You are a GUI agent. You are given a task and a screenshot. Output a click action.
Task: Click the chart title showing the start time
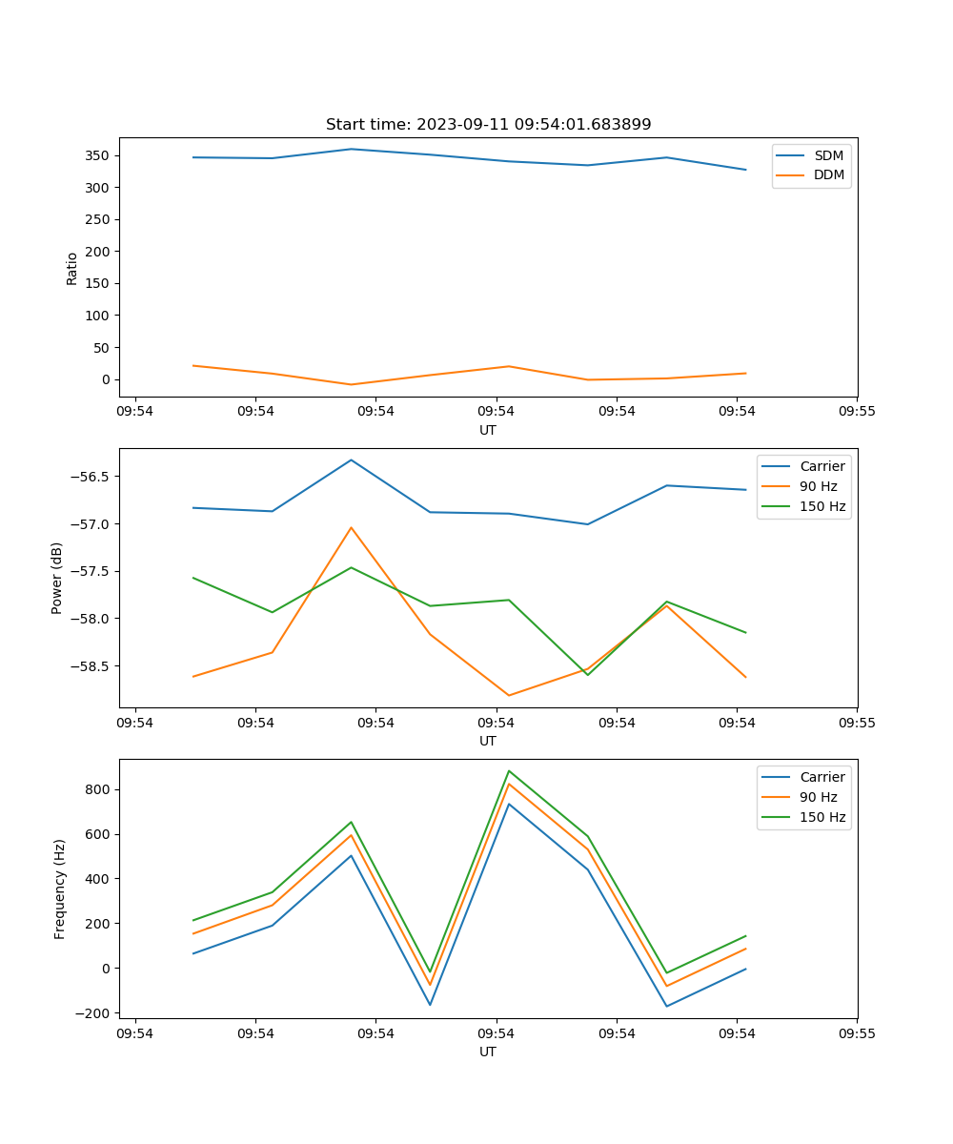pos(488,125)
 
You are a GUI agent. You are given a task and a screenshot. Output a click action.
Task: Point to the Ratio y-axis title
pos(72,269)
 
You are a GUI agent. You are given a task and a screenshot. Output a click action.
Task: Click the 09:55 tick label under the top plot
pos(857,412)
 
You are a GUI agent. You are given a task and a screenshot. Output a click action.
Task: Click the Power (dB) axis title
pos(57,578)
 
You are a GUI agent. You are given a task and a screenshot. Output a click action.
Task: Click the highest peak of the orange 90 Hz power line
pos(351,527)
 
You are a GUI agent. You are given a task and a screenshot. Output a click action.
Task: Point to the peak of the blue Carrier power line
pos(351,460)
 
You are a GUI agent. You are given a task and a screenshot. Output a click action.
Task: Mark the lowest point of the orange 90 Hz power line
pos(509,695)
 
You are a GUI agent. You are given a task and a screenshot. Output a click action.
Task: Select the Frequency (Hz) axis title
pos(60,889)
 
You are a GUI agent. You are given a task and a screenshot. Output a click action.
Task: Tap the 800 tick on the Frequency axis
pos(98,789)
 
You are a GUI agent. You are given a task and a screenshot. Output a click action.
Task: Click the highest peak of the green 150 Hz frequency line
pos(509,770)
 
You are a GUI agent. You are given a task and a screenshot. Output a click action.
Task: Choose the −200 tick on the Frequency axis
pos(94,1012)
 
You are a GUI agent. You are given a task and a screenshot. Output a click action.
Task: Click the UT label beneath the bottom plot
pos(488,1052)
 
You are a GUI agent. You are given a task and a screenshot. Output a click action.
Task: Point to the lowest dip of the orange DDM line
pos(351,384)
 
